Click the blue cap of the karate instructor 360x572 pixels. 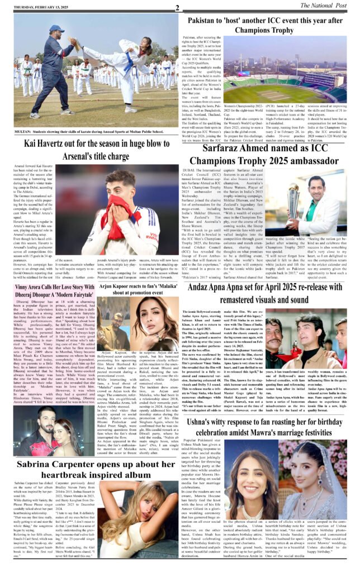57,28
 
